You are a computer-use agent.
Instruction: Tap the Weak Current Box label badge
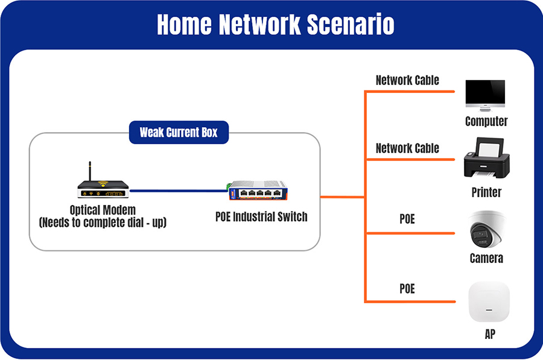coord(179,132)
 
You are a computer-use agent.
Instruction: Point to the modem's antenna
coord(90,171)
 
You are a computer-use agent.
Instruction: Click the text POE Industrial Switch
coord(261,216)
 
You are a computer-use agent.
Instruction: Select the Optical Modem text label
coord(103,210)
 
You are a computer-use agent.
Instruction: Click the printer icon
coord(486,157)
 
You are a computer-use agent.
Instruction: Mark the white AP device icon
coord(489,302)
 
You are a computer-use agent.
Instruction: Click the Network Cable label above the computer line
coord(407,80)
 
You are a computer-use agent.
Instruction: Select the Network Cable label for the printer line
coord(407,148)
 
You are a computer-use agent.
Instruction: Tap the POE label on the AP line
coord(407,289)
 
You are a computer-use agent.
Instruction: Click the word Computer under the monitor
coord(486,121)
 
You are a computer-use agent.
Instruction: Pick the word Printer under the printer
coord(486,192)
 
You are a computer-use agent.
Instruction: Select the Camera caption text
coord(486,258)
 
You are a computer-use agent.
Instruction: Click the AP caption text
coord(489,334)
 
